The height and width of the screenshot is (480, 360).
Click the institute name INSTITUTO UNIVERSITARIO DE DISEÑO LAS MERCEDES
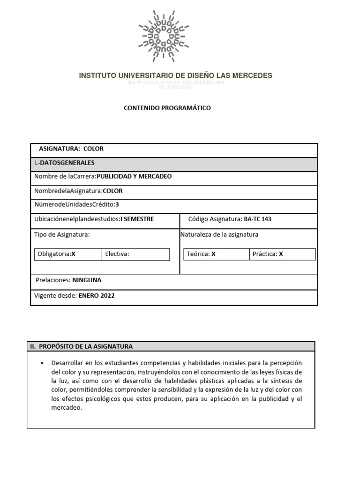tap(175, 75)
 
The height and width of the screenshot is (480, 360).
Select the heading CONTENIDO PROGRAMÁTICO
tap(167, 108)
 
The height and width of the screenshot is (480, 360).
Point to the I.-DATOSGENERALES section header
tap(64, 163)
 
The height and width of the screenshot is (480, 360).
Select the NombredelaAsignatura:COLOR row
tap(79, 191)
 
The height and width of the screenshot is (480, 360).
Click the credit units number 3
tap(117, 205)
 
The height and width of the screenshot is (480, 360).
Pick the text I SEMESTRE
tap(137, 219)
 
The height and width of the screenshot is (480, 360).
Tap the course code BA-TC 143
tap(257, 219)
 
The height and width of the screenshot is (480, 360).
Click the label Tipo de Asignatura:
tap(62, 234)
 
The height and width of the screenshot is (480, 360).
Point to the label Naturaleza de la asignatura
tap(219, 234)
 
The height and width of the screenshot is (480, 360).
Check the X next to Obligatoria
tap(73, 254)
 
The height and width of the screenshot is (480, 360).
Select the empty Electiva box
tap(135, 254)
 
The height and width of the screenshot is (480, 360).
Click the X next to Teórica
tap(213, 254)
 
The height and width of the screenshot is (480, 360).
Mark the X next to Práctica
tap(281, 254)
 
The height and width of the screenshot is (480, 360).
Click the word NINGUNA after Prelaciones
tap(87, 280)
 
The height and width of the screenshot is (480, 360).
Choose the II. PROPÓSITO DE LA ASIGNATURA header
tap(81, 346)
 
